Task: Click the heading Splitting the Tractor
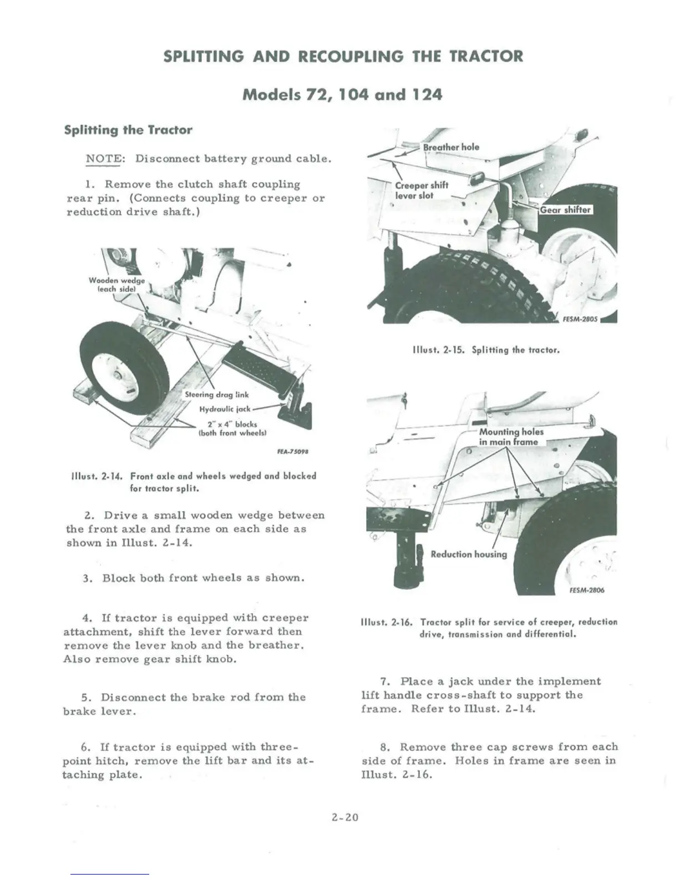click(x=128, y=130)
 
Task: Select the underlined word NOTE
click(x=103, y=159)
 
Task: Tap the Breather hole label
click(x=450, y=147)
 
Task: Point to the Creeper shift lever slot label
click(x=421, y=190)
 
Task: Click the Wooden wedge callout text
click(x=116, y=285)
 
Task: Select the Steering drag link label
click(x=216, y=395)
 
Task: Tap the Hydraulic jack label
click(x=225, y=410)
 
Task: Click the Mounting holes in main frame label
click(x=511, y=437)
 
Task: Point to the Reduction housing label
click(x=468, y=554)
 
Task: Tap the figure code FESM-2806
click(x=586, y=590)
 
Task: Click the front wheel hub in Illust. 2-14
click(x=118, y=378)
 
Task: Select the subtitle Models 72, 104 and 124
click(x=342, y=94)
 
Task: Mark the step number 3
click(x=87, y=578)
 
